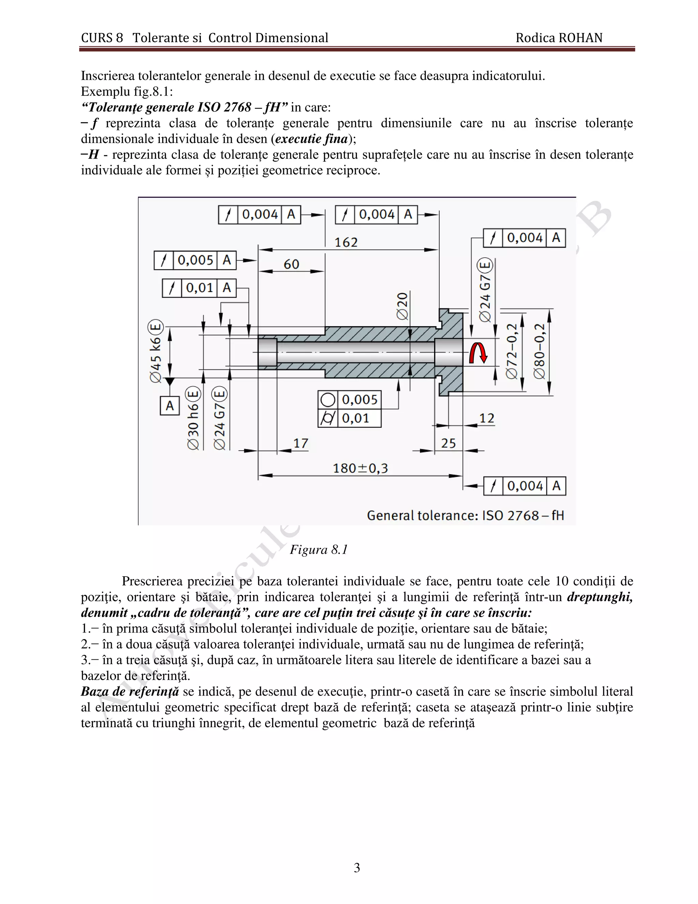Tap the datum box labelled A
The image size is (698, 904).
(x=169, y=406)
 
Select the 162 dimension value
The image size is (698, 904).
(x=346, y=242)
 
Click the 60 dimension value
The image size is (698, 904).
(x=291, y=264)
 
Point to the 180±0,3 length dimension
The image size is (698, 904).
(x=360, y=469)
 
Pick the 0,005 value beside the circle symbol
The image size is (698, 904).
(x=359, y=400)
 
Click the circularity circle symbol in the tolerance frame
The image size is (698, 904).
(x=328, y=400)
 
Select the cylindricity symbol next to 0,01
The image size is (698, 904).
(x=328, y=418)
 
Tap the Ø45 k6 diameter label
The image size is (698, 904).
(x=156, y=352)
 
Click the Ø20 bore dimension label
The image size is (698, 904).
(x=403, y=306)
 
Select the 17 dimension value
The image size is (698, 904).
(x=301, y=444)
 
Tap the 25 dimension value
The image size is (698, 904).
(x=448, y=444)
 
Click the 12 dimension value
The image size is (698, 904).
(x=487, y=419)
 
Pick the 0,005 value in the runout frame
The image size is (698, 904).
(x=195, y=260)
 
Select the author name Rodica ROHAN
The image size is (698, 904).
(x=559, y=38)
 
